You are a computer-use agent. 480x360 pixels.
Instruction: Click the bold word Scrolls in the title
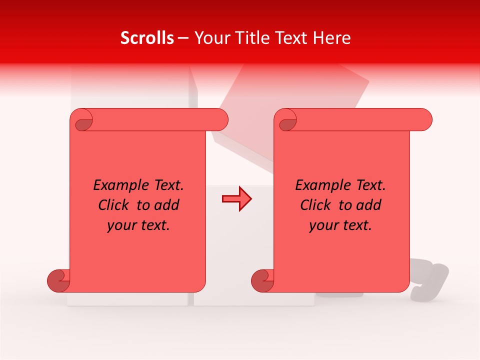[147, 38]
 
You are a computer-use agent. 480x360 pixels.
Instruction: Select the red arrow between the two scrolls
[236, 199]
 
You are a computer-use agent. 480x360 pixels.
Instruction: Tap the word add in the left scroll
[166, 205]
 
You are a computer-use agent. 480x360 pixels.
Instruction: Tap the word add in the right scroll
[368, 205]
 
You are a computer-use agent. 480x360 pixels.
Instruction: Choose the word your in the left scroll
[121, 225]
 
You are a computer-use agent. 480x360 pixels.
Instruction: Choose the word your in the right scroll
[323, 225]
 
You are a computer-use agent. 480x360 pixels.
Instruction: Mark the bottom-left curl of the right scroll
[262, 280]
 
